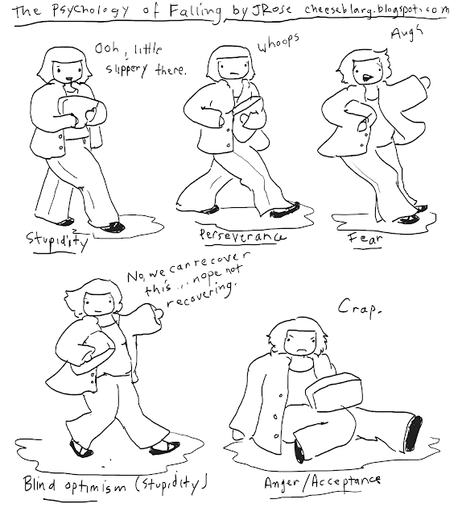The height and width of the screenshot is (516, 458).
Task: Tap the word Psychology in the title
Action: click(x=91, y=10)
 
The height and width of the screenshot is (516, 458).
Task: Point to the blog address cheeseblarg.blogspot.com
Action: click(x=377, y=10)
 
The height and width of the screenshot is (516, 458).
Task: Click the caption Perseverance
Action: click(x=242, y=236)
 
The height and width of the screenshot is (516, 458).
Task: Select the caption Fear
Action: click(x=365, y=238)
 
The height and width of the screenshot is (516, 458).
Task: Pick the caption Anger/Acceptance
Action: click(x=322, y=482)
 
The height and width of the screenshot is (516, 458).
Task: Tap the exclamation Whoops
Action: click(x=279, y=44)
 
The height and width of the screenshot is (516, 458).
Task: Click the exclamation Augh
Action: click(x=406, y=33)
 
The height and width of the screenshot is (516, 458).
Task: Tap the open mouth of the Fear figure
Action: click(x=366, y=77)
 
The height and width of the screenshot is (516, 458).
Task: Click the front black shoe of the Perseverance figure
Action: click(x=285, y=210)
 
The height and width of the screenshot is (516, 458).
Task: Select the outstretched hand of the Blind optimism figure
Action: click(x=159, y=316)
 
